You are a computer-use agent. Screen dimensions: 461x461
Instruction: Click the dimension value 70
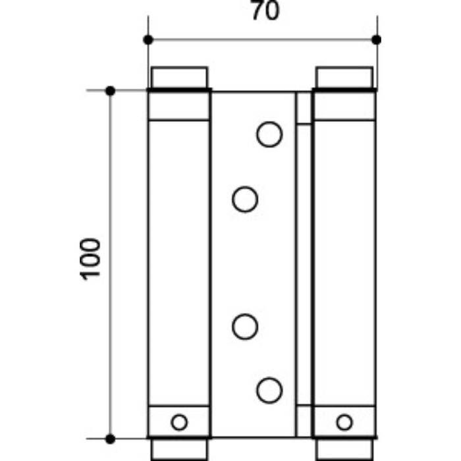261,12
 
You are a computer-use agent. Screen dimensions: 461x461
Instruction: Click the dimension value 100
92,258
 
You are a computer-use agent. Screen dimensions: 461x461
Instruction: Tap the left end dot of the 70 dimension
148,40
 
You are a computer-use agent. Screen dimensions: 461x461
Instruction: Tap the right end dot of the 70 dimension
376,40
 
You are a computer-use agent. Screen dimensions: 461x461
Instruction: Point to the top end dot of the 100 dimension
111,90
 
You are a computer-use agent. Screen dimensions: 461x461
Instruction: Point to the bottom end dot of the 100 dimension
111,437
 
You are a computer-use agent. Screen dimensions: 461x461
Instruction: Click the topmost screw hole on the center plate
269,134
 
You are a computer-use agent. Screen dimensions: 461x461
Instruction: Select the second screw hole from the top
245,199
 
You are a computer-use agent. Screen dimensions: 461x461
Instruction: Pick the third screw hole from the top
245,326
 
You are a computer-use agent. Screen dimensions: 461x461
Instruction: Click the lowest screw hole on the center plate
269,391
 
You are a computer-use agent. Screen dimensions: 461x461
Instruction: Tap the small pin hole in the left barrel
178,421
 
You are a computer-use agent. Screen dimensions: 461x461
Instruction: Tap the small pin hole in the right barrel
344,421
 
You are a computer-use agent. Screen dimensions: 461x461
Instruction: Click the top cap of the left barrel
179,78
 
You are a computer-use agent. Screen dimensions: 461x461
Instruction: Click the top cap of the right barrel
344,78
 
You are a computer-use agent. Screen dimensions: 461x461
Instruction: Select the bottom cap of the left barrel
179,448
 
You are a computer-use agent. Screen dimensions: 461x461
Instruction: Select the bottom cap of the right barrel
344,448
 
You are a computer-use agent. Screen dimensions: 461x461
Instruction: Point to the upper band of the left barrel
179,105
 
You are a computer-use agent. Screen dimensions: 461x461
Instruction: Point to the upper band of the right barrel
344,105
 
